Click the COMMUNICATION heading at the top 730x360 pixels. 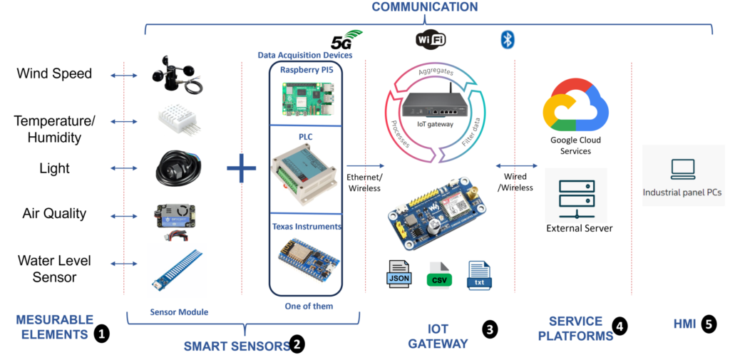click(425, 6)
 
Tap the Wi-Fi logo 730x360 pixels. click(431, 38)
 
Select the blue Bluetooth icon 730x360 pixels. click(507, 40)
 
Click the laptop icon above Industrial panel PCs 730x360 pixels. click(683, 169)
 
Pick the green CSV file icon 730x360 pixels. click(439, 275)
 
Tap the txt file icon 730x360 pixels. click(479, 275)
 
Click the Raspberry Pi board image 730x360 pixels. click(305, 98)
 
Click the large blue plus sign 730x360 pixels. click(241, 168)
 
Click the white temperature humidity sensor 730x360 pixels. click(178, 118)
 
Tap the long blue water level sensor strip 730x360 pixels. click(177, 269)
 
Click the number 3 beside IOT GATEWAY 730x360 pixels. click(489, 329)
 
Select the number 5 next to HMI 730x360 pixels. click(709, 324)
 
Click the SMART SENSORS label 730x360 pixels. click(235, 346)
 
